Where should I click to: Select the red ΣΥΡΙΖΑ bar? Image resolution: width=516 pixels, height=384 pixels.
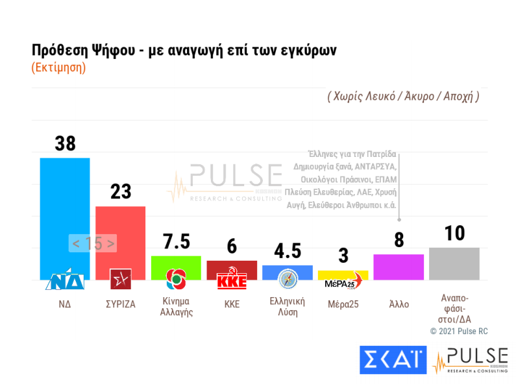click(120, 237)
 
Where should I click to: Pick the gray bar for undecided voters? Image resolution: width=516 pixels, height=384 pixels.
click(454, 263)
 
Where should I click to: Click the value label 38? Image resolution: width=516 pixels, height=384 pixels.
click(65, 144)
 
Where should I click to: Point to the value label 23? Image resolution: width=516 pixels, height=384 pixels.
click(120, 192)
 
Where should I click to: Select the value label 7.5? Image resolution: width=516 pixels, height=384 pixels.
click(176, 242)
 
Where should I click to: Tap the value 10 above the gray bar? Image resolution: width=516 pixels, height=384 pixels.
click(454, 234)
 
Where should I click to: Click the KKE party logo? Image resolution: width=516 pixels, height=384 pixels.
click(232, 281)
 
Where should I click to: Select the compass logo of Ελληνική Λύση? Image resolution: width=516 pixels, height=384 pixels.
click(287, 280)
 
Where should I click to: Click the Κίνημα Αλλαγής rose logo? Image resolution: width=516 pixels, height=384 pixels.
click(176, 280)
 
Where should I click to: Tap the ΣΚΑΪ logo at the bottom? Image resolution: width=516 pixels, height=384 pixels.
click(393, 360)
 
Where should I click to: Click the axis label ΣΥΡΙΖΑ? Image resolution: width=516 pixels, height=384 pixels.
click(120, 304)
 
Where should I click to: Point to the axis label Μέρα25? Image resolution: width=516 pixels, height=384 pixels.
click(343, 304)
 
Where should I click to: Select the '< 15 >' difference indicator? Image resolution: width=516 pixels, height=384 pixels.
click(93, 243)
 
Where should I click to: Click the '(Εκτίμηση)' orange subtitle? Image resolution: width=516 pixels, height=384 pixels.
click(59, 67)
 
